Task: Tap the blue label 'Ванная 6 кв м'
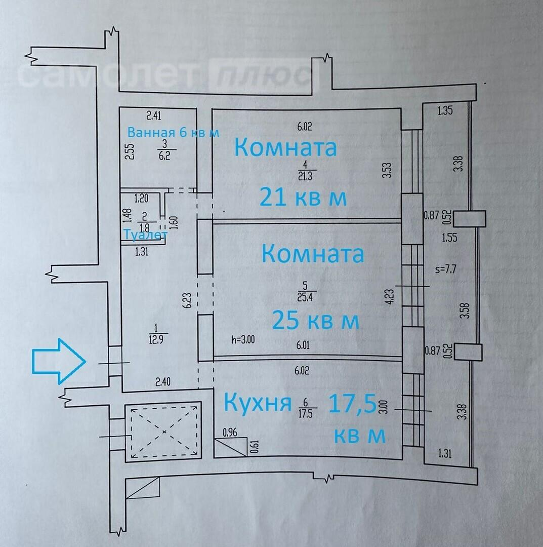click(173, 133)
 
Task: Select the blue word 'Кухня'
click(258, 403)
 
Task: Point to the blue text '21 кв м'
click(303, 197)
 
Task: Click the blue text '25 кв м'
click(315, 320)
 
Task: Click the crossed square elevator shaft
click(164, 431)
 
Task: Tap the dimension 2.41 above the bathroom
click(153, 116)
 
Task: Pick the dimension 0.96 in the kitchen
click(231, 433)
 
